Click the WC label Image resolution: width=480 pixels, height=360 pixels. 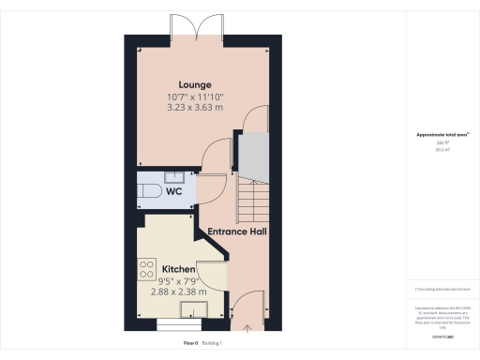tap(174, 191)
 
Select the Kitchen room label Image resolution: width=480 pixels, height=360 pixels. tap(178, 269)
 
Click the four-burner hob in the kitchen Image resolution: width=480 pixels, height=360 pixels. tap(146, 271)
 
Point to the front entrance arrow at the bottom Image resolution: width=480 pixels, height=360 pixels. tap(247, 327)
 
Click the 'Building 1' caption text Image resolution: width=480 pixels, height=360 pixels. tap(217, 344)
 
